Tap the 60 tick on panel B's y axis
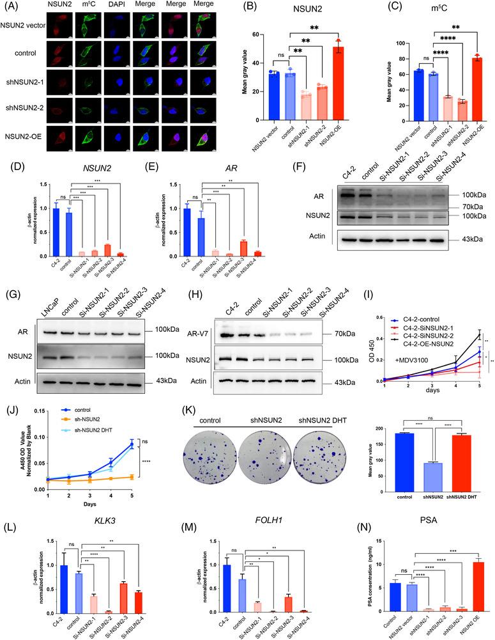[x=251, y=35]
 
